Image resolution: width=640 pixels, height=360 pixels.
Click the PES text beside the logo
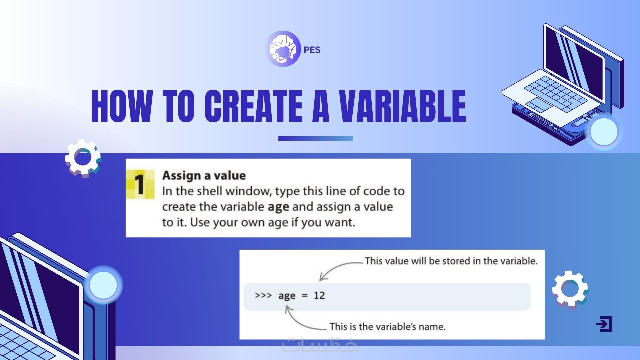(312, 50)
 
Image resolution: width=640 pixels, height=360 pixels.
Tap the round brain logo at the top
(283, 49)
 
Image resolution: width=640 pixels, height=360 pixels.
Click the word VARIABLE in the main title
(402, 106)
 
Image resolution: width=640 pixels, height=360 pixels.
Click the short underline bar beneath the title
(316, 138)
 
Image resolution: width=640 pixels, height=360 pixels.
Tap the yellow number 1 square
(140, 184)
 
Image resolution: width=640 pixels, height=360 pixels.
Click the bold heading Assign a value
(204, 175)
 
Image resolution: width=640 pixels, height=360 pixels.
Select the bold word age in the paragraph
(278, 207)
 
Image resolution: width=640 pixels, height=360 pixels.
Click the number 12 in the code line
(319, 295)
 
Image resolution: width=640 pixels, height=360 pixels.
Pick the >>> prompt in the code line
(263, 295)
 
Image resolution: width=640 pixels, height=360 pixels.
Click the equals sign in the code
(304, 296)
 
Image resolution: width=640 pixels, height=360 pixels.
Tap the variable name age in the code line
(287, 296)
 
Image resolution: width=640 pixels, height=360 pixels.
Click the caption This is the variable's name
(388, 326)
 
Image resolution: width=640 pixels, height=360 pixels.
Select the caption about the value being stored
(451, 261)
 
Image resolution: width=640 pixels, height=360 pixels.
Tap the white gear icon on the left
(83, 158)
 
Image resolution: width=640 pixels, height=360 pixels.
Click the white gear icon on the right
(570, 289)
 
